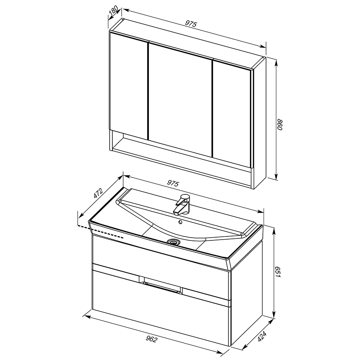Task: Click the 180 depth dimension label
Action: pos(114,11)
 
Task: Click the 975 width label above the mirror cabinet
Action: pos(191,24)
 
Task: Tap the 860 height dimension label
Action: pos(280,124)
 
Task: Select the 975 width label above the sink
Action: pos(173,183)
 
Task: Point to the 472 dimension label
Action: pos(98,193)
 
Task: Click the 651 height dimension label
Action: pos(278,272)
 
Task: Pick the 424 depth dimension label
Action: pos(262,336)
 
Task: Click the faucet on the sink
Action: pos(182,204)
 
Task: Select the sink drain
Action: pos(174,242)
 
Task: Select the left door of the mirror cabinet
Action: pos(128,86)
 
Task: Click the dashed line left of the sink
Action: pos(101,232)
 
